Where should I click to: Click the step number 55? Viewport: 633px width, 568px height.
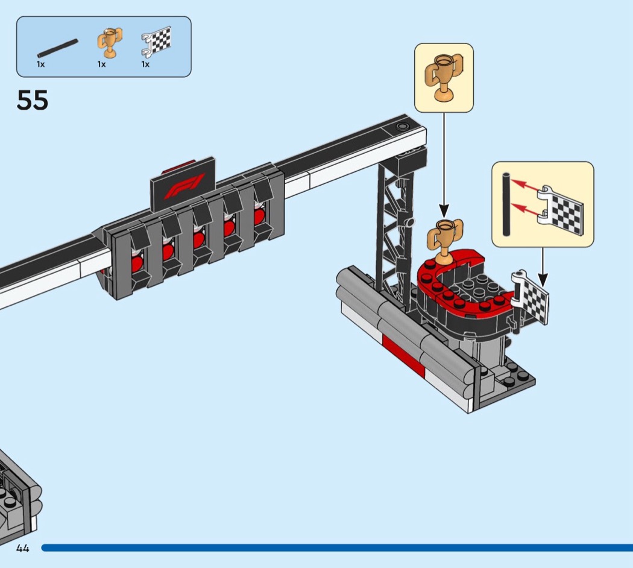coord(33,100)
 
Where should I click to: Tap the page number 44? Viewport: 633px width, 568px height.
coord(23,548)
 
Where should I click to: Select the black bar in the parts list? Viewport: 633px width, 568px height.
coord(58,48)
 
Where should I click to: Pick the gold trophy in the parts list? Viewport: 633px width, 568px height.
coord(109,42)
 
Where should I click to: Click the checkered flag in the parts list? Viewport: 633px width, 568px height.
coord(156,42)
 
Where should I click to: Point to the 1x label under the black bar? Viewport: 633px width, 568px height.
coord(41,64)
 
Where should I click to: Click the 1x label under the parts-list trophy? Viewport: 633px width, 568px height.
coord(101,64)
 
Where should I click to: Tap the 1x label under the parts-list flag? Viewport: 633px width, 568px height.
coord(145,64)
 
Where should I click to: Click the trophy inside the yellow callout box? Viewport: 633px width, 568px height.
coord(444,77)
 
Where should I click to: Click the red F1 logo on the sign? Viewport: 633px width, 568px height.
coord(184,186)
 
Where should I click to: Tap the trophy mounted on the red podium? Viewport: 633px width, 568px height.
coord(445,238)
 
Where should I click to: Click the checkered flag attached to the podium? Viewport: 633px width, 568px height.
coord(531,297)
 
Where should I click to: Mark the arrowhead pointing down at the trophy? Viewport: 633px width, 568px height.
coord(444,211)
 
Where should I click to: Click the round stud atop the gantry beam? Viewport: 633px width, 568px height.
coord(402,127)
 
